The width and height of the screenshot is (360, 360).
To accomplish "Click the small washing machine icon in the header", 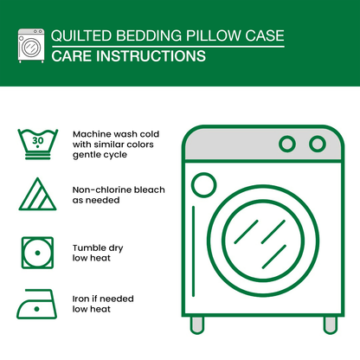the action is (x=31, y=46).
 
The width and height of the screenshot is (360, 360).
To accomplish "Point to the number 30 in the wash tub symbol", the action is (x=38, y=140).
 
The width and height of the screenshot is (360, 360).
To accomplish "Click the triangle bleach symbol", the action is (x=37, y=194).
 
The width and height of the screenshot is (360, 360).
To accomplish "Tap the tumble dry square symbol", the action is (x=37, y=253).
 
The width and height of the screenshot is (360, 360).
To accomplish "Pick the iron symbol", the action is (x=36, y=304).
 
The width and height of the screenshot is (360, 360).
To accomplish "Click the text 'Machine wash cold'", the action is (x=116, y=134).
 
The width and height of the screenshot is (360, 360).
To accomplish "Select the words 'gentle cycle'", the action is (x=100, y=155).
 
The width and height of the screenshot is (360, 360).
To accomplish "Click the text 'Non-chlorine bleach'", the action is (x=119, y=190).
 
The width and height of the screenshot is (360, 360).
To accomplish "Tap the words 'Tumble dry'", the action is (x=98, y=248).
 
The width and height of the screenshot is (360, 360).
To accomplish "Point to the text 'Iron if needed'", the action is (x=103, y=299).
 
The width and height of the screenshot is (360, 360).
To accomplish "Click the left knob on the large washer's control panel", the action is (x=287, y=144).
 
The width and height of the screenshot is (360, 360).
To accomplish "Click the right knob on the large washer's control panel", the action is (x=318, y=144).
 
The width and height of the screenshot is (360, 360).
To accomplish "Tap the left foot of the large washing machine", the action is (x=197, y=325).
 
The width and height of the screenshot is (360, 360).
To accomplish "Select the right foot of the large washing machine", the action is (x=331, y=325).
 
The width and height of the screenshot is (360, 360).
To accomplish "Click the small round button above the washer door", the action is (x=204, y=185).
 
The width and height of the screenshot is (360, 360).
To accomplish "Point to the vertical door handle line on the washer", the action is (x=193, y=251).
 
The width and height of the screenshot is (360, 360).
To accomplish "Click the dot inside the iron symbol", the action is (x=36, y=309).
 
